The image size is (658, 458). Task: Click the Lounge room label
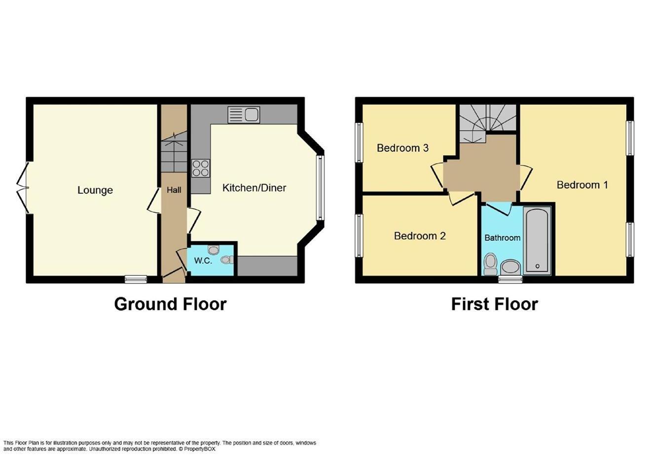[x=95, y=190]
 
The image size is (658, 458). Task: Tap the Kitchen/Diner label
[x=254, y=188]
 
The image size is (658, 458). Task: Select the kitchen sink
[x=244, y=114]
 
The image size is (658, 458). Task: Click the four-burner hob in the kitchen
[x=201, y=168]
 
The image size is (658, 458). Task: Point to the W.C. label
[x=203, y=261]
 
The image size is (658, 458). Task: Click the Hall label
[x=174, y=190]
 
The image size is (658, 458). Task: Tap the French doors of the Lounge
[x=23, y=188]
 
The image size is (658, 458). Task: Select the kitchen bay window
[x=320, y=188]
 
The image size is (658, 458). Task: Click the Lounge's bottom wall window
[x=136, y=279]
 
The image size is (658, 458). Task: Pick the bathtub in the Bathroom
[x=537, y=240]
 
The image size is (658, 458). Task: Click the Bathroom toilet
[x=490, y=264]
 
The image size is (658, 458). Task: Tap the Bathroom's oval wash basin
[x=511, y=267]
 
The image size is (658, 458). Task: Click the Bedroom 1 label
[x=582, y=185]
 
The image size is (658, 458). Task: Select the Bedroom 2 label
[x=420, y=236]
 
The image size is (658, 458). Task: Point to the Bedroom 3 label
[x=402, y=148]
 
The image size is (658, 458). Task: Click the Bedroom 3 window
[x=359, y=142]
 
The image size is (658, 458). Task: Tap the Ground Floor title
[x=170, y=304]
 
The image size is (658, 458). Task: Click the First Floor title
[x=495, y=304]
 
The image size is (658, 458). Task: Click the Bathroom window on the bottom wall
[x=511, y=279]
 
